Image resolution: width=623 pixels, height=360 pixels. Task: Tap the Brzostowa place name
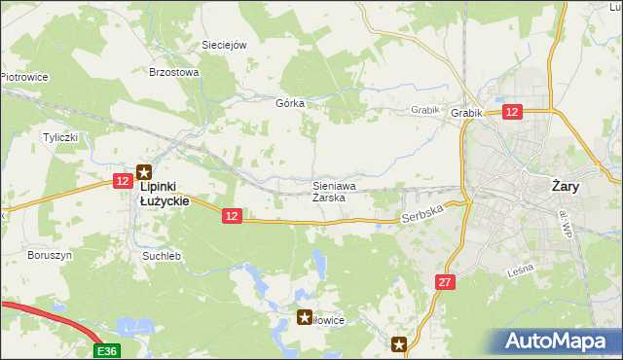(x=173, y=72)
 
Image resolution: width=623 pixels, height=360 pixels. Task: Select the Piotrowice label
(x=25, y=77)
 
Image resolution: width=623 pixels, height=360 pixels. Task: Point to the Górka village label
(x=290, y=103)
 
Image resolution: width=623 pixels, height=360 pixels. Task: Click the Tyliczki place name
(x=59, y=137)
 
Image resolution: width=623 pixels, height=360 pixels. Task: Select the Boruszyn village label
(x=51, y=255)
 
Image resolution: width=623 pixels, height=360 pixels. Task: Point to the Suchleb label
(x=162, y=256)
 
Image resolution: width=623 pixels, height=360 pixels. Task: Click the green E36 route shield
(x=108, y=350)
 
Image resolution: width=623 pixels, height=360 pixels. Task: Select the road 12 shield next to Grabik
(x=513, y=112)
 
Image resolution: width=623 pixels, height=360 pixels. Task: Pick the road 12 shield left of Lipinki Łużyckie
(x=123, y=181)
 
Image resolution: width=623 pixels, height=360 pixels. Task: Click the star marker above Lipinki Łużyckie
(x=143, y=170)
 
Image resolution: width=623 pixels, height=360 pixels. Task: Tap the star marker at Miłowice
(x=305, y=317)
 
